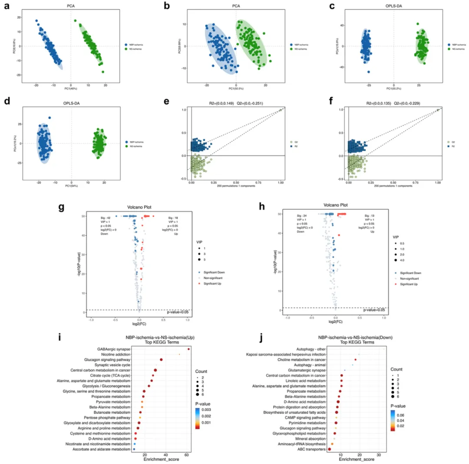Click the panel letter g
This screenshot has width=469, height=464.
61,207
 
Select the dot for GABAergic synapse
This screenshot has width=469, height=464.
188,349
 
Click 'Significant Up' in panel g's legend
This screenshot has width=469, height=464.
213,283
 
